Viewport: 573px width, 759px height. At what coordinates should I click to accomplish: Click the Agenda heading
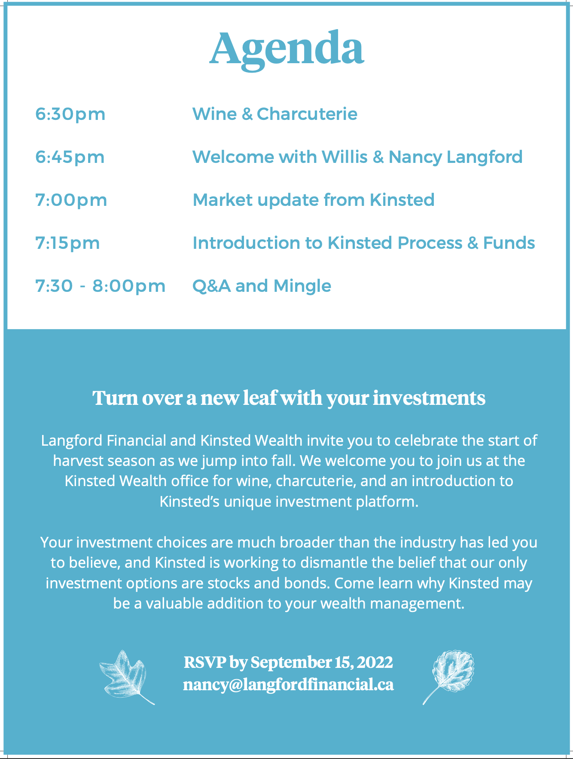(286, 49)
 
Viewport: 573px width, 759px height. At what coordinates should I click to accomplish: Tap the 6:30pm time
(70, 114)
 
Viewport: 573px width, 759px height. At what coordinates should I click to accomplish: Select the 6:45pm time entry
(70, 157)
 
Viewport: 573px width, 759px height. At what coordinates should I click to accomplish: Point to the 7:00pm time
(71, 200)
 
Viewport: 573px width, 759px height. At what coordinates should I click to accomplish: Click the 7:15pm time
(67, 243)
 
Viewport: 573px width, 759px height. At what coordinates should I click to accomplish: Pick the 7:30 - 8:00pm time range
(100, 286)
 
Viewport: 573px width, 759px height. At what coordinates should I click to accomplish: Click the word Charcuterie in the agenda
(307, 114)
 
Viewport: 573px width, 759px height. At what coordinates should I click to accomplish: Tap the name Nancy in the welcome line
(415, 157)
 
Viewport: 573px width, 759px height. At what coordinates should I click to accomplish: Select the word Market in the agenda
(222, 200)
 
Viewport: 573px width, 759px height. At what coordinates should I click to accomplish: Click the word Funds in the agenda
(509, 243)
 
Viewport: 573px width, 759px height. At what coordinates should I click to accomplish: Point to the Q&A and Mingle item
(262, 286)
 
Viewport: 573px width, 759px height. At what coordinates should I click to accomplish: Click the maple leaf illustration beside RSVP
(126, 677)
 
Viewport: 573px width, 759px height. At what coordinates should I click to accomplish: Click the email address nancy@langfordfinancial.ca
(288, 685)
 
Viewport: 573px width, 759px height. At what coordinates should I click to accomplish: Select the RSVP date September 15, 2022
(322, 662)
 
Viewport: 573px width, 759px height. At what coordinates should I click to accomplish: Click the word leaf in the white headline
(259, 398)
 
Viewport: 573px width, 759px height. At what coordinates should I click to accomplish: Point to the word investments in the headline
(429, 398)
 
